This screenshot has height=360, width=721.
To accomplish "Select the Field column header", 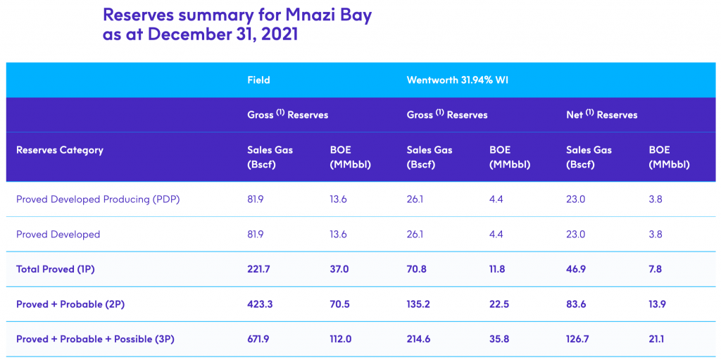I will pos(258,80).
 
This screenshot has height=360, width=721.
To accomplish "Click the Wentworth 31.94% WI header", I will pos(458,80).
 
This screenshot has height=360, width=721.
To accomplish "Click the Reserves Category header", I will pos(60,150).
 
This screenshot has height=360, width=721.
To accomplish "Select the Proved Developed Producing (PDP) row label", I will pos(98,199).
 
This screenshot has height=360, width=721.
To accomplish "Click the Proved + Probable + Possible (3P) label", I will pos(95,339).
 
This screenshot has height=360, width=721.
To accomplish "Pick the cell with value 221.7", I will pos(258,269).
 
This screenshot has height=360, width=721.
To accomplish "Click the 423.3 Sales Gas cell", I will pos(259,304).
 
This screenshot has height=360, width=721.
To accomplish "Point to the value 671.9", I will pos(258,339).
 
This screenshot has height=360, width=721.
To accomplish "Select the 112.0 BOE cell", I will pos(340,339).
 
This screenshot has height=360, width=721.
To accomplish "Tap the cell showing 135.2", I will pos(418,304).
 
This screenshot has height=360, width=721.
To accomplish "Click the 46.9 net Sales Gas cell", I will pos(577,269).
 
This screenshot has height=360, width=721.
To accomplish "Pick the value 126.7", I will pos(578,339).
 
